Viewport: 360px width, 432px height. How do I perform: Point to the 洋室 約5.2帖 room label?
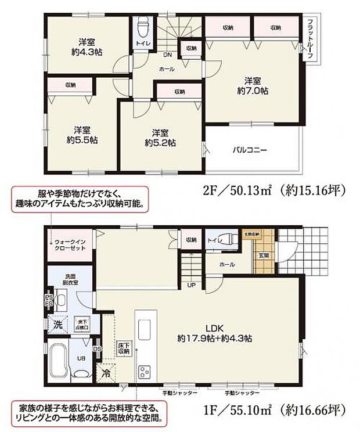(x=160, y=136)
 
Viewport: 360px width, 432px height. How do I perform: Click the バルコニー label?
(x=250, y=150)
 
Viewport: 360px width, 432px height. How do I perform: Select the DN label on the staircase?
(x=167, y=56)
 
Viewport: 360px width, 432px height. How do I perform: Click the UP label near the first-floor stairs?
(x=190, y=285)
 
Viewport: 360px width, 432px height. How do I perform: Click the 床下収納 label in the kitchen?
(x=123, y=347)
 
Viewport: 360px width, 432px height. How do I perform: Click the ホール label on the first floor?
(x=228, y=265)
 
